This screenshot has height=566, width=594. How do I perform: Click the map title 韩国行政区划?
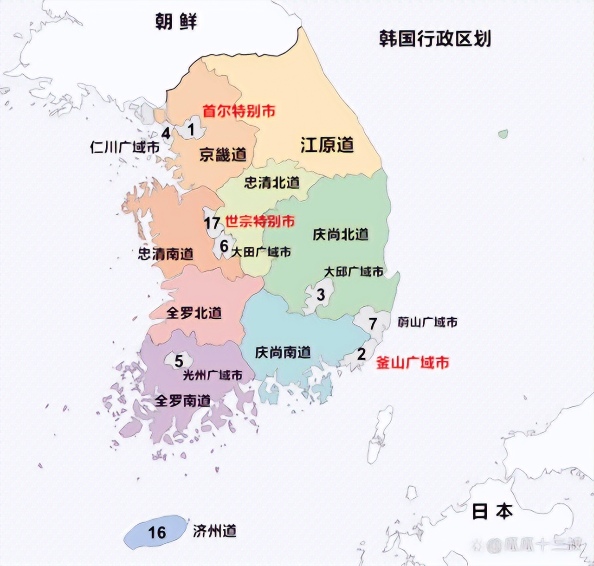click(x=434, y=39)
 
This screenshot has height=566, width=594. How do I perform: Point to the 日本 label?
click(x=492, y=511)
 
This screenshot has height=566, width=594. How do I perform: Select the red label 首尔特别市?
click(x=239, y=111)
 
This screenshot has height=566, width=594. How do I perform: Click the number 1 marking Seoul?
click(x=191, y=129)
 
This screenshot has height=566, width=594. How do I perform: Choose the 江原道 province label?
click(x=327, y=145)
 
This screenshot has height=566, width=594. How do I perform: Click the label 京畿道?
click(x=223, y=154)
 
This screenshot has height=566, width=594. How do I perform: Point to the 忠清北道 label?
click(x=271, y=183)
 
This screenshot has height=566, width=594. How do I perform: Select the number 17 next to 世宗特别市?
click(x=212, y=223)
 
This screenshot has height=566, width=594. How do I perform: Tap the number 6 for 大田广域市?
click(x=224, y=246)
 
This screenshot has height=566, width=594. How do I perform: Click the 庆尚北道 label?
click(x=340, y=235)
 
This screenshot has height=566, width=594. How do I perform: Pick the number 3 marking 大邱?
click(x=321, y=295)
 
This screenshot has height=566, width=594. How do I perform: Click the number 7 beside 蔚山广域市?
click(x=373, y=323)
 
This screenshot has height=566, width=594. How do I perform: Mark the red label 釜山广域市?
click(x=412, y=362)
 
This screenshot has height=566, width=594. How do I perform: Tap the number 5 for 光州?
click(x=179, y=360)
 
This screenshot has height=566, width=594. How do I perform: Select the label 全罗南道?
click(x=182, y=400)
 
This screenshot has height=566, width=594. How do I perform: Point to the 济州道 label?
click(x=214, y=531)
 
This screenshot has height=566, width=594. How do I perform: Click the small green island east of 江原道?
click(x=503, y=134)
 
